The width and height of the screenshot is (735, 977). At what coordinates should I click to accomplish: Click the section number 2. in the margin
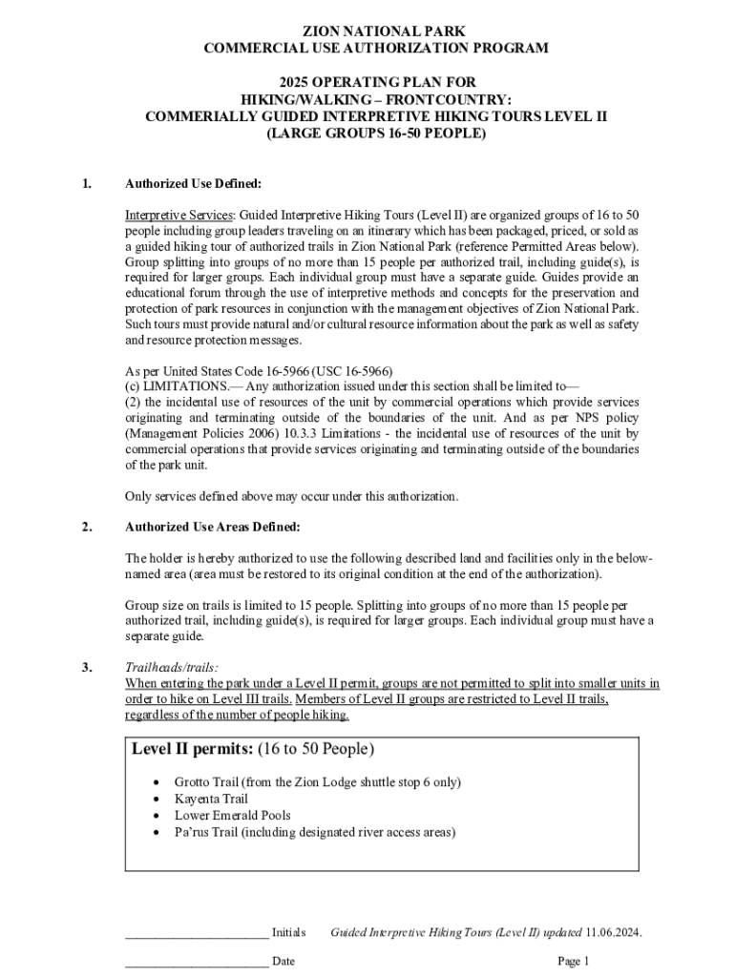point(87,527)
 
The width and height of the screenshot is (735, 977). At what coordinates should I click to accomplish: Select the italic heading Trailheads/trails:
point(172,668)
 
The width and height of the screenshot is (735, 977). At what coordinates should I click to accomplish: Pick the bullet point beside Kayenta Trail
point(157,799)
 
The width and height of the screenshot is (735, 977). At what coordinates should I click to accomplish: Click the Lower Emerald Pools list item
point(232,816)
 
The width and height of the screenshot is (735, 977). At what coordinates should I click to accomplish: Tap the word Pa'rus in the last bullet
point(190,832)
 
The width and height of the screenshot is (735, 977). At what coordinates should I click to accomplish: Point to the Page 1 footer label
point(575,961)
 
